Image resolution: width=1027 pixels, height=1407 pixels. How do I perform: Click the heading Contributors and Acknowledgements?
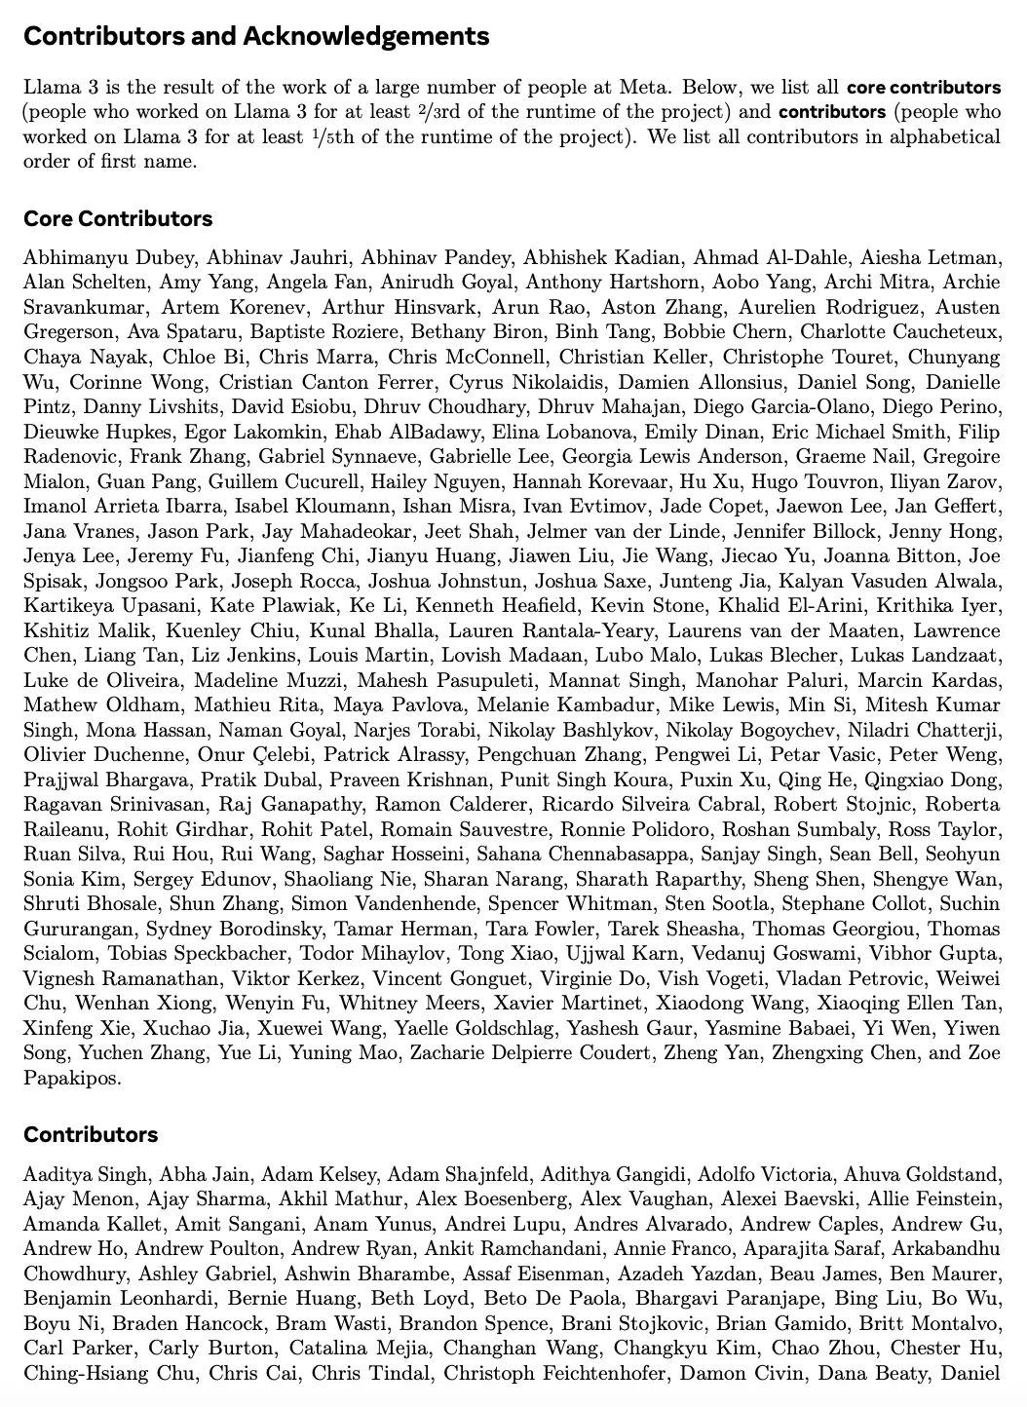tap(255, 37)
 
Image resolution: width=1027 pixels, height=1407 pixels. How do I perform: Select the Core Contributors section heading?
tap(118, 219)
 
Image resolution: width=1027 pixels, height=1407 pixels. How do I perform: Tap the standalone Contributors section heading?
tap(91, 1135)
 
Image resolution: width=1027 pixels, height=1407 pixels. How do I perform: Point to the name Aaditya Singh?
tap(86, 1175)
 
